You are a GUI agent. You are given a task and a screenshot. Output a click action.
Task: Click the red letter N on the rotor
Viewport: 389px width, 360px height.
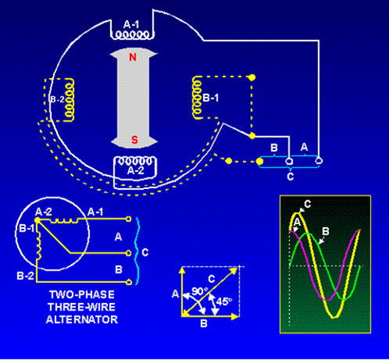[x=133, y=57]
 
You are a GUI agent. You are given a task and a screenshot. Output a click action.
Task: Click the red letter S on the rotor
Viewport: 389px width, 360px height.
[x=134, y=140]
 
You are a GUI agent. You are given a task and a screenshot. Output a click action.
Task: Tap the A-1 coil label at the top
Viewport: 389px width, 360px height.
[x=131, y=25]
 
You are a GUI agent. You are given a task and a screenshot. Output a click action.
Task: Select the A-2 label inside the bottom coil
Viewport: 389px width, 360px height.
[x=136, y=170]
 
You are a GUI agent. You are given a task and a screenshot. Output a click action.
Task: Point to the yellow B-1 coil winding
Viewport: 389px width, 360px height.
[x=197, y=98]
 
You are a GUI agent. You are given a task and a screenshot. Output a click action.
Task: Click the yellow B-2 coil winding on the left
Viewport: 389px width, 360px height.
[x=70, y=99]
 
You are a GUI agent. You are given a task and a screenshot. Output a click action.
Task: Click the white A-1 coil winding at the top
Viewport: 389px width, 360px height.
[x=132, y=35]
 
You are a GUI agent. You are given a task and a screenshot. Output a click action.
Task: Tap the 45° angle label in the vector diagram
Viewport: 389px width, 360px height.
[x=224, y=301]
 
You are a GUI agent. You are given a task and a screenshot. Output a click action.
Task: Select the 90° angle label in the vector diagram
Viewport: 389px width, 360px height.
[x=200, y=291]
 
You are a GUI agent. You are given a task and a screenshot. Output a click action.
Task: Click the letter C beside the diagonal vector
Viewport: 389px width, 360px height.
[x=212, y=279]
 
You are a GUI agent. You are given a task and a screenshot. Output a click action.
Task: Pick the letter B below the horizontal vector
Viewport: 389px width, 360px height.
[x=204, y=323]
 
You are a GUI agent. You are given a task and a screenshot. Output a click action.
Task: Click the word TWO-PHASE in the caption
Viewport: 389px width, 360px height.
[x=82, y=294]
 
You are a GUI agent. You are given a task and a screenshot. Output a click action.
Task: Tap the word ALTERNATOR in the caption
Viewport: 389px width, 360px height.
[x=82, y=319]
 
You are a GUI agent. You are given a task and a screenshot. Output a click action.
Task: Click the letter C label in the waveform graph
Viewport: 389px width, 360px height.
[x=308, y=204]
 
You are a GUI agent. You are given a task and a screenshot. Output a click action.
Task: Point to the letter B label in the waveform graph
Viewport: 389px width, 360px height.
[x=326, y=231]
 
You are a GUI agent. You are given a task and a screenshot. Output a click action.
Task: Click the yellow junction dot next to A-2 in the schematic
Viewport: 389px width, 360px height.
[x=37, y=220]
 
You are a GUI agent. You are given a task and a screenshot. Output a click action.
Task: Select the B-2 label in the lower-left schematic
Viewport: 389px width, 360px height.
[x=25, y=276]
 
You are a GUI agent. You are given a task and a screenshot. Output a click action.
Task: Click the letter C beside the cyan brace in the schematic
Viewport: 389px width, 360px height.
[x=145, y=252]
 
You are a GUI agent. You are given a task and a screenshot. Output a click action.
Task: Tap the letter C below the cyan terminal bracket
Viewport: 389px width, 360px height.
[x=291, y=176]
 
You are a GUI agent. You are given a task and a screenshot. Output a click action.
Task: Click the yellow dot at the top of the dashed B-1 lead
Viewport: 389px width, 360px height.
[x=252, y=77]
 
